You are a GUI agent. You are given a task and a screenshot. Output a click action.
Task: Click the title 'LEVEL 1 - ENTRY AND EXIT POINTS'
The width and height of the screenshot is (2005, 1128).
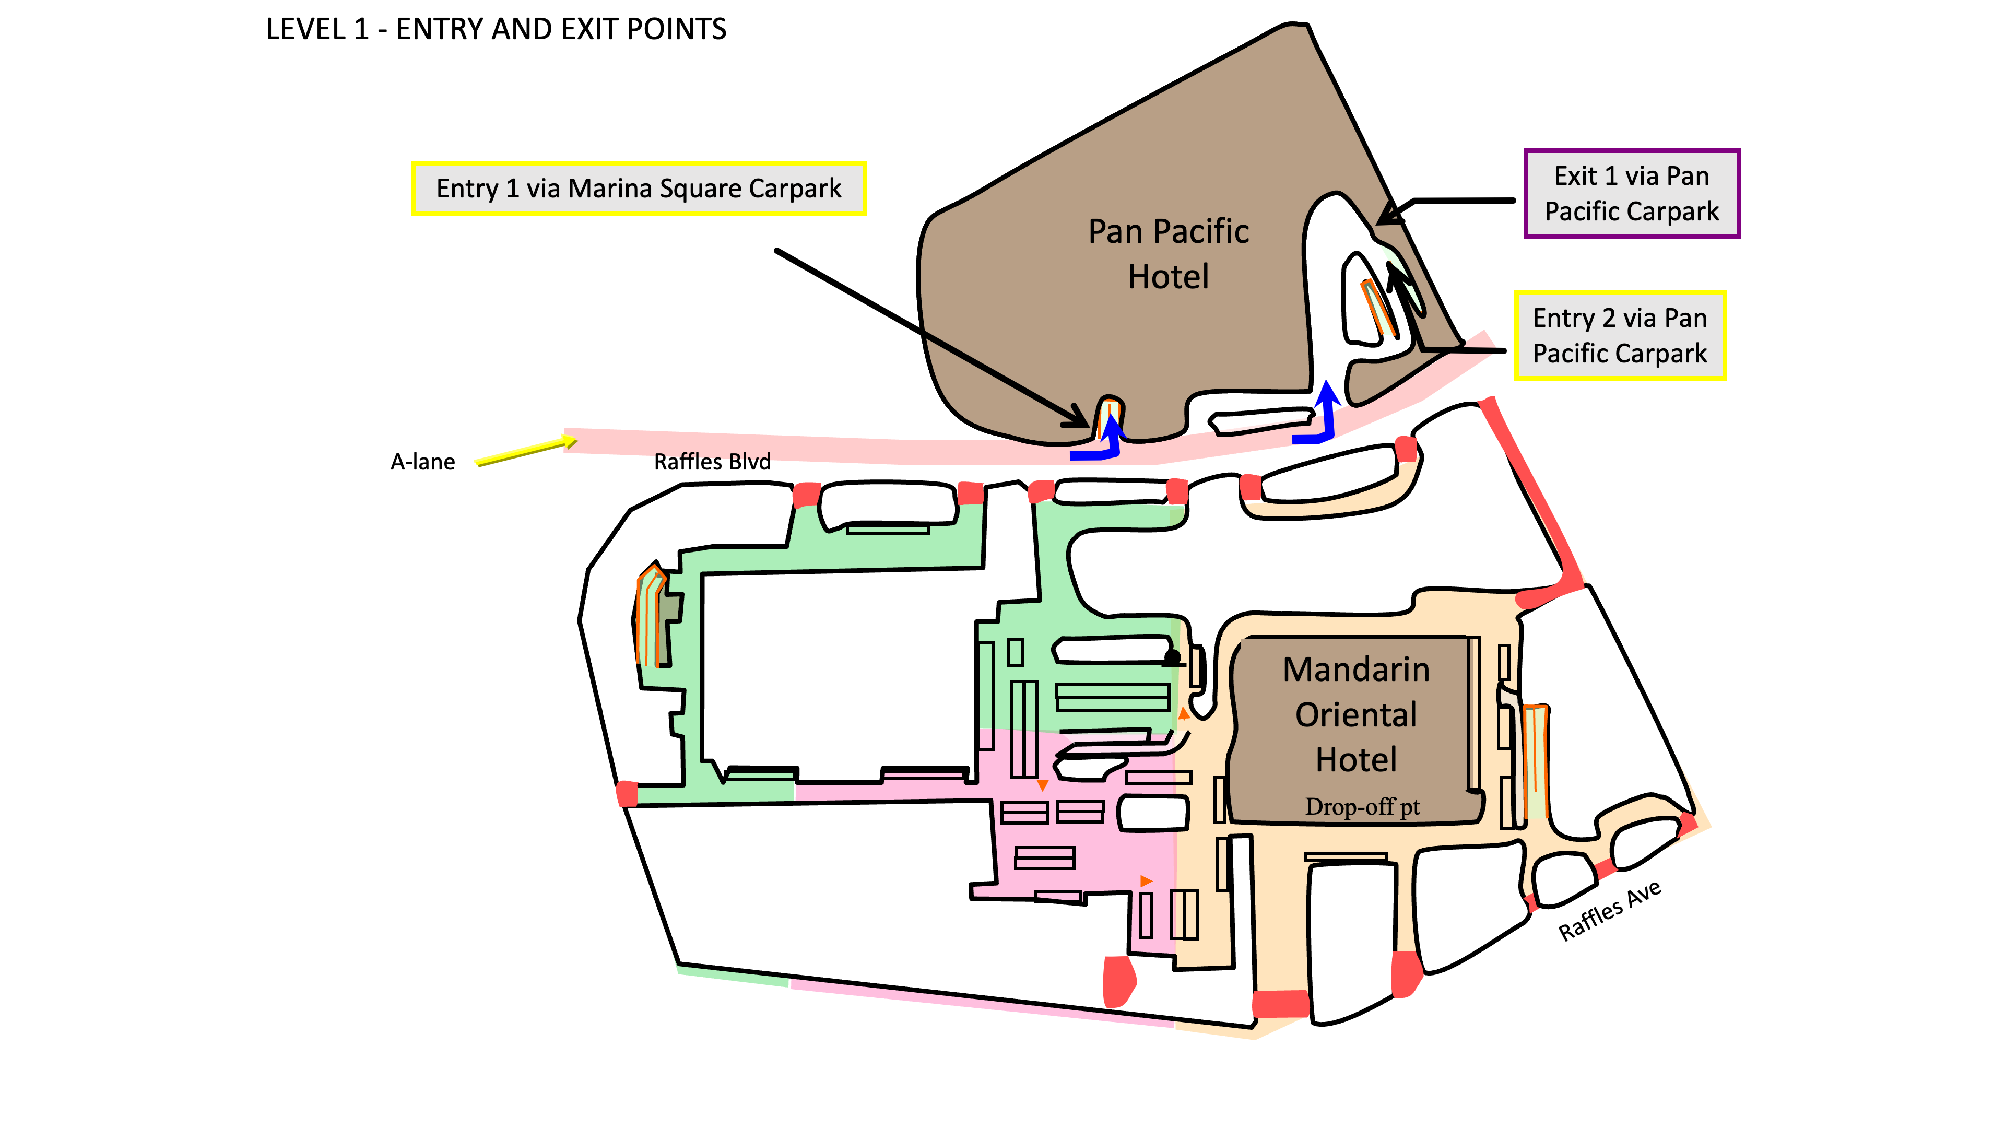(496, 30)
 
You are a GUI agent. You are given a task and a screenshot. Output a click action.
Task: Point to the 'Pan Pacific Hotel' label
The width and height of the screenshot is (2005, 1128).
(1169, 254)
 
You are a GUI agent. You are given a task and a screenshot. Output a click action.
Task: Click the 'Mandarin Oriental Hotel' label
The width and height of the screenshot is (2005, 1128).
(1356, 714)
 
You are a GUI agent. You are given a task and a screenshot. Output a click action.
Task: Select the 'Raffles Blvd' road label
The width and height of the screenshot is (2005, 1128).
(712, 462)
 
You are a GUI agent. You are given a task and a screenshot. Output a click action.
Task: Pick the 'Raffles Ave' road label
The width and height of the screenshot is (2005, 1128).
(1610, 911)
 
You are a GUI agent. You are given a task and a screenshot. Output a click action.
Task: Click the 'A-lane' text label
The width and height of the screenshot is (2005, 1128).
(422, 462)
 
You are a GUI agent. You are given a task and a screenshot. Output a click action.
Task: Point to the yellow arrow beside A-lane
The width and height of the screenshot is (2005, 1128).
(527, 451)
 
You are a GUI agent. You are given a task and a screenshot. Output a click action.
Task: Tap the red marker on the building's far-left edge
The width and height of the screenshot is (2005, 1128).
(627, 794)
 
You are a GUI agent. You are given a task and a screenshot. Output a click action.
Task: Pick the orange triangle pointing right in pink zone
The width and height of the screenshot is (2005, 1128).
(1146, 881)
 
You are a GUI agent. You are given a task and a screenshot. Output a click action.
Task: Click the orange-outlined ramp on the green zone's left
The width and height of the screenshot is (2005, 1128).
(650, 615)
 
